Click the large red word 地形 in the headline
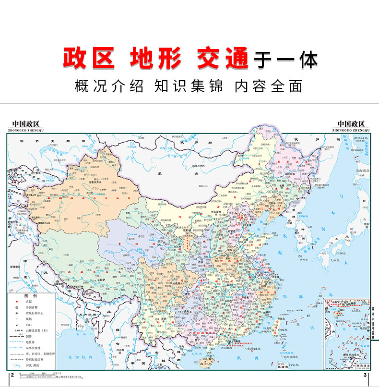[x=156, y=59]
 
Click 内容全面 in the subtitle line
[x=268, y=86]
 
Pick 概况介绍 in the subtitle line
[x=109, y=86]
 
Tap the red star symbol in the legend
[x=17, y=302]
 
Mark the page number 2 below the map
[x=11, y=375]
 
